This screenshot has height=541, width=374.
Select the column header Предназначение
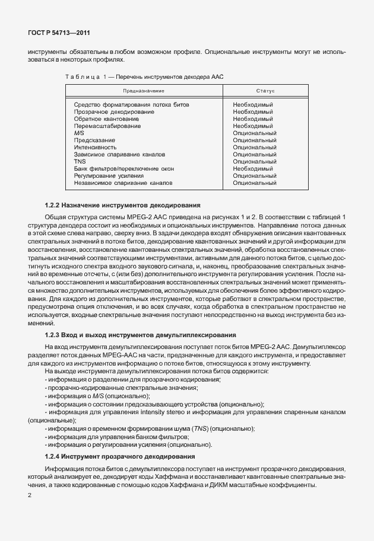point(143,91)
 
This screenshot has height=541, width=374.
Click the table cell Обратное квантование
point(102,119)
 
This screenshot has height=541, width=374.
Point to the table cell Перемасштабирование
point(107,126)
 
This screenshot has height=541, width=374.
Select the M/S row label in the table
point(79,133)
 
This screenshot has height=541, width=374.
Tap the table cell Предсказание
point(94,140)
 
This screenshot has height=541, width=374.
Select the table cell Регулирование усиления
point(109,176)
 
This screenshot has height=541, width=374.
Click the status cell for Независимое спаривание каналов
point(255,183)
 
